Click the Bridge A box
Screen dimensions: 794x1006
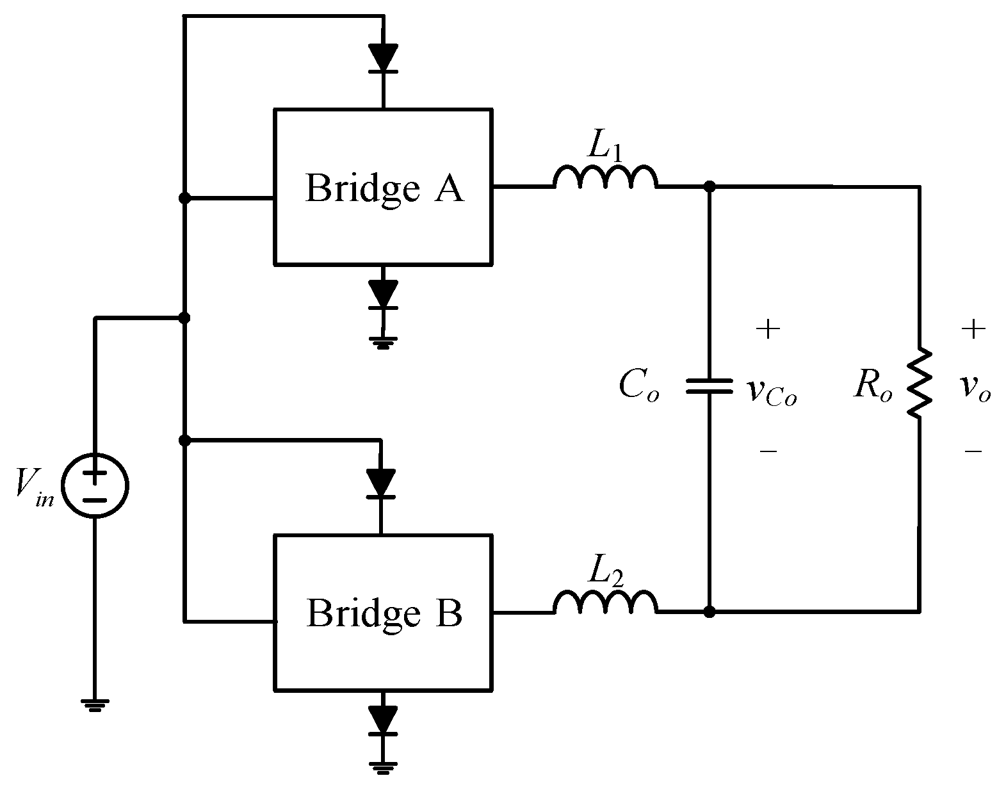click(383, 187)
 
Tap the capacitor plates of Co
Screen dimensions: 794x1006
click(709, 385)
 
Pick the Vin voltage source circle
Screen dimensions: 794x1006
click(95, 485)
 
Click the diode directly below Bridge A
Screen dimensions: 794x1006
click(383, 295)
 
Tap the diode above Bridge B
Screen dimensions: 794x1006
click(381, 483)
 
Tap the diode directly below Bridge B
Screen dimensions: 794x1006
click(383, 720)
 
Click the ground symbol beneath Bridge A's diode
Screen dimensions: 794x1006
click(383, 345)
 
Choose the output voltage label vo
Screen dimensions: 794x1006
click(975, 389)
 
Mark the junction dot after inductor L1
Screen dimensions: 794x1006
click(709, 186)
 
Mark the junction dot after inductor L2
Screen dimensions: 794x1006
click(709, 612)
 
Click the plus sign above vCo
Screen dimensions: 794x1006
click(768, 330)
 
